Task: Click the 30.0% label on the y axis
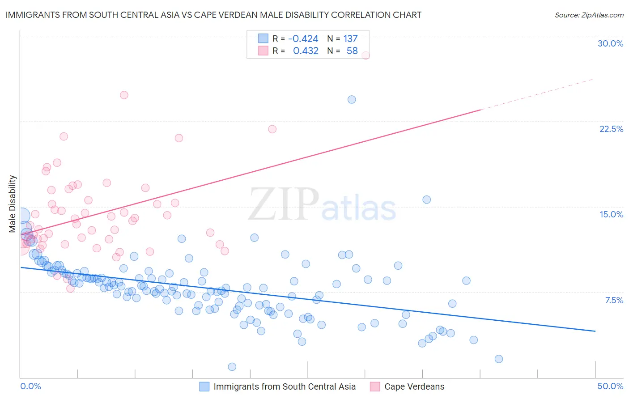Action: click(x=610, y=43)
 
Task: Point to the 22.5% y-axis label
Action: click(x=611, y=129)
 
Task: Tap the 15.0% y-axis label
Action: click(x=611, y=214)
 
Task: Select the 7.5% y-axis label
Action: click(x=614, y=300)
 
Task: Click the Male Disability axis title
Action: click(x=13, y=204)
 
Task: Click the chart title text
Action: click(x=213, y=15)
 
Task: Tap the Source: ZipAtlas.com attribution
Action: click(x=589, y=15)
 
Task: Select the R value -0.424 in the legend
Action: click(x=303, y=38)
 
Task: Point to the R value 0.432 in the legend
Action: click(x=306, y=51)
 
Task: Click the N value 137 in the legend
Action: click(x=350, y=38)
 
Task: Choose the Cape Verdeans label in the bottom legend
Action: click(x=414, y=386)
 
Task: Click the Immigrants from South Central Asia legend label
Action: click(x=285, y=386)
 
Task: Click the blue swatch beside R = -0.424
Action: click(x=263, y=38)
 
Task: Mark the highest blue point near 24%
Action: click(x=352, y=99)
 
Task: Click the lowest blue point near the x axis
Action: click(x=232, y=367)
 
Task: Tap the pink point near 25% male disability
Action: click(x=124, y=95)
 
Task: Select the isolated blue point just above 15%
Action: click(x=426, y=199)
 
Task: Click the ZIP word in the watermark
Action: click(x=284, y=204)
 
